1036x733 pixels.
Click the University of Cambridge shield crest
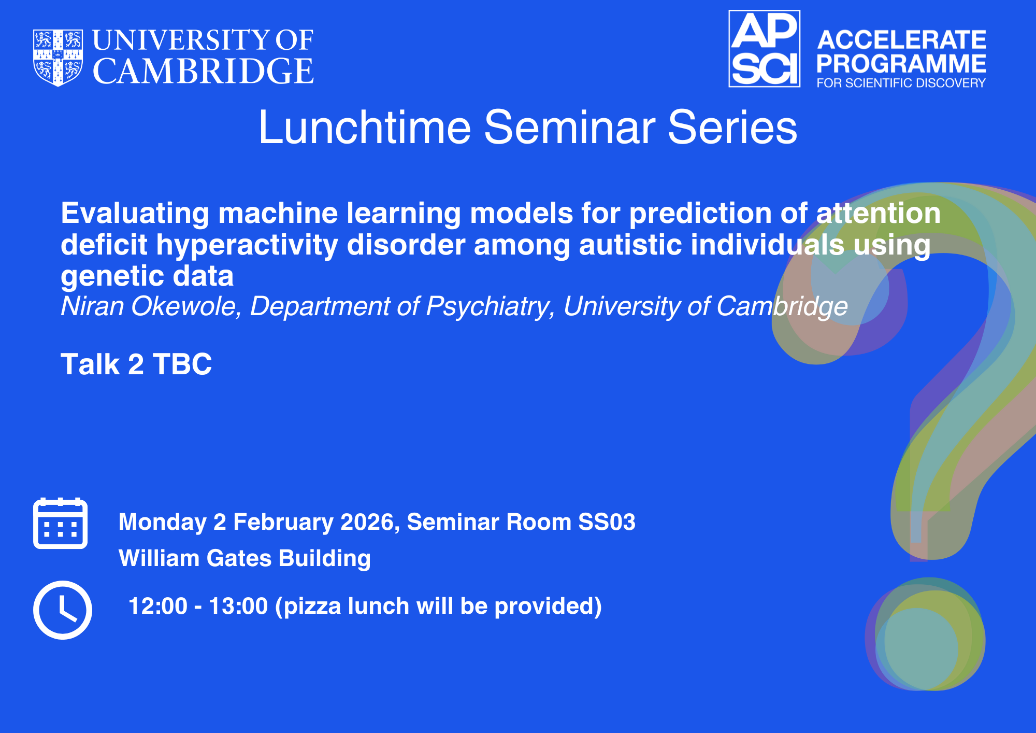(x=58, y=58)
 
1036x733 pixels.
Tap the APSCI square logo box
(x=765, y=49)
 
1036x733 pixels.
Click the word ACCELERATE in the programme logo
(x=902, y=40)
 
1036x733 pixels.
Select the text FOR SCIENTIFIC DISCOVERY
(x=901, y=83)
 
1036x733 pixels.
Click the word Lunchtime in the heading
(x=365, y=127)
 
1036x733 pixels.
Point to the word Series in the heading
(x=732, y=127)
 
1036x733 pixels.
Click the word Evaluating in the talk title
(x=135, y=214)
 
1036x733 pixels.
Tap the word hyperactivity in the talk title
(x=247, y=245)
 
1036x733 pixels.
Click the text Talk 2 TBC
(x=136, y=364)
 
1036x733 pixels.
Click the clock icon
(x=63, y=610)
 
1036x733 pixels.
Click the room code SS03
(x=607, y=522)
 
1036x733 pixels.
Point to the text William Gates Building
(x=244, y=558)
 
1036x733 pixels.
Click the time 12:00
(x=157, y=606)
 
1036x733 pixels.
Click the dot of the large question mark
(x=925, y=634)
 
